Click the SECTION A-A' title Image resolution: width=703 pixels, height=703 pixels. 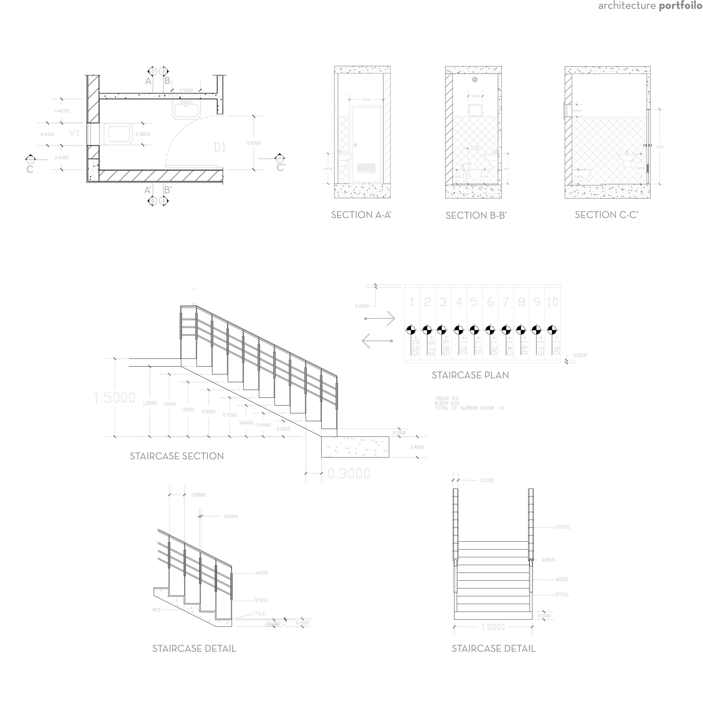coord(361,215)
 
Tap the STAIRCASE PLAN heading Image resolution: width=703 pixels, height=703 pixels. coord(470,375)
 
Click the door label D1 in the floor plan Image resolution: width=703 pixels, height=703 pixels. coord(220,147)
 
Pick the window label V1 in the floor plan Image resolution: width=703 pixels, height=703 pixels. coord(74,133)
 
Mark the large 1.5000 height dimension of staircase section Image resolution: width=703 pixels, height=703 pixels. coord(115,398)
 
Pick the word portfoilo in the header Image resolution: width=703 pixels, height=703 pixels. coord(680,6)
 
